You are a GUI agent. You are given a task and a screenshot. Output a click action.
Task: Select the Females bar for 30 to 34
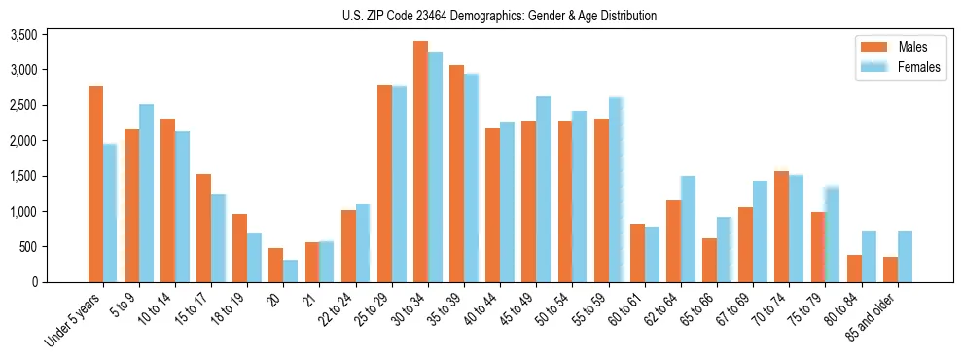point(435,166)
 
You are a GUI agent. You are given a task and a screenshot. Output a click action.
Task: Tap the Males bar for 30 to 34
point(420,162)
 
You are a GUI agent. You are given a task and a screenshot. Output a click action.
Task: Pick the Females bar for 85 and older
point(905,256)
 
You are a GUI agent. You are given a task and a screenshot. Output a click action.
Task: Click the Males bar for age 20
point(275,265)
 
